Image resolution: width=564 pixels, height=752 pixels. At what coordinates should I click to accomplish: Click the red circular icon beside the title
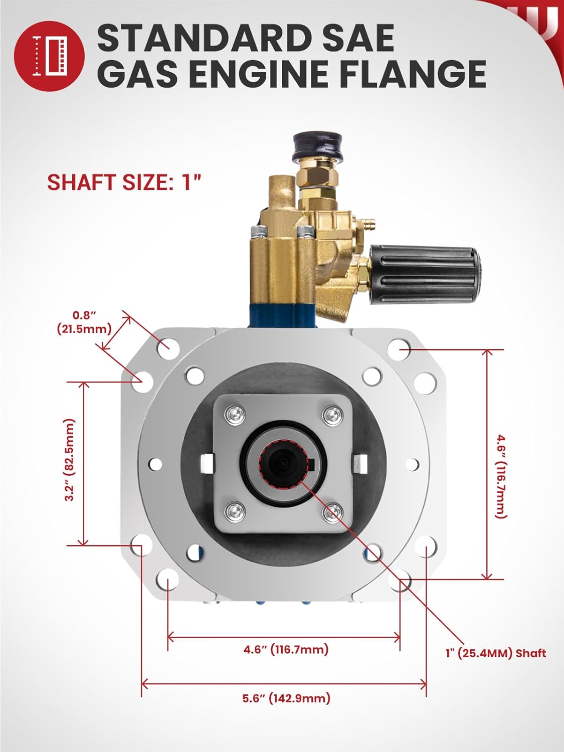tap(49, 56)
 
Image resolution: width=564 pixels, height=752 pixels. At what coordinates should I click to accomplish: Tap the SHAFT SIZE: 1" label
tap(124, 182)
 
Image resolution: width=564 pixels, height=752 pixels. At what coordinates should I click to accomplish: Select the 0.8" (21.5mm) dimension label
tap(84, 322)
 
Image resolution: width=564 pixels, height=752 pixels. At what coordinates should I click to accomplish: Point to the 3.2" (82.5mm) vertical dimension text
tap(70, 460)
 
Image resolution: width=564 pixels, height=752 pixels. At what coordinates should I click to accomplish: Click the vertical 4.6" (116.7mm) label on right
tap(501, 476)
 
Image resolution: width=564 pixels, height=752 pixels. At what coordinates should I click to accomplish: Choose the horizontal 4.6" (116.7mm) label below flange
tap(286, 649)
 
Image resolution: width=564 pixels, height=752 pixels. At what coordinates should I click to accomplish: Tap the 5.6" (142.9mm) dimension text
tap(286, 698)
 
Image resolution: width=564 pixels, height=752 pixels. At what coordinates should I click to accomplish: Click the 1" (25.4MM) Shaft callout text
tap(495, 653)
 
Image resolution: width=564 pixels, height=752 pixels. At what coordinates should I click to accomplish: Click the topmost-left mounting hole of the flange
tap(166, 346)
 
